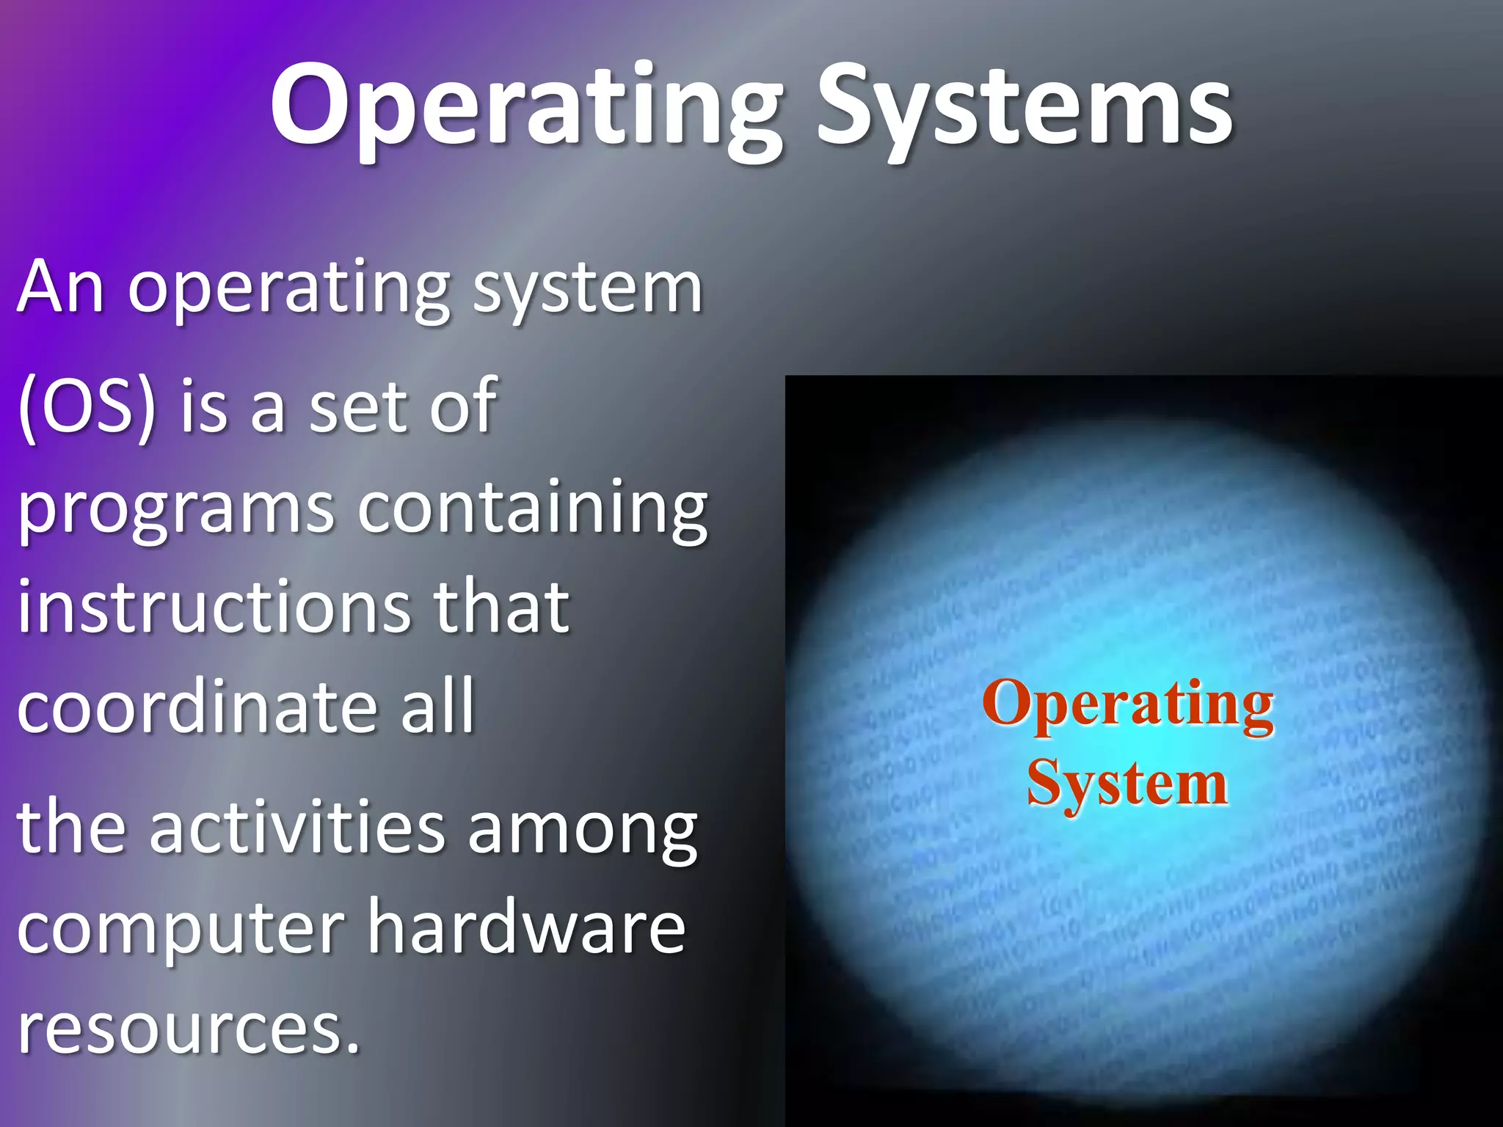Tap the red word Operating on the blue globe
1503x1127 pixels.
click(1128, 704)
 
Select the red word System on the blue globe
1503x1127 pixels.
click(1127, 784)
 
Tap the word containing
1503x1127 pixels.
click(533, 509)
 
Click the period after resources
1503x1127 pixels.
click(353, 1048)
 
